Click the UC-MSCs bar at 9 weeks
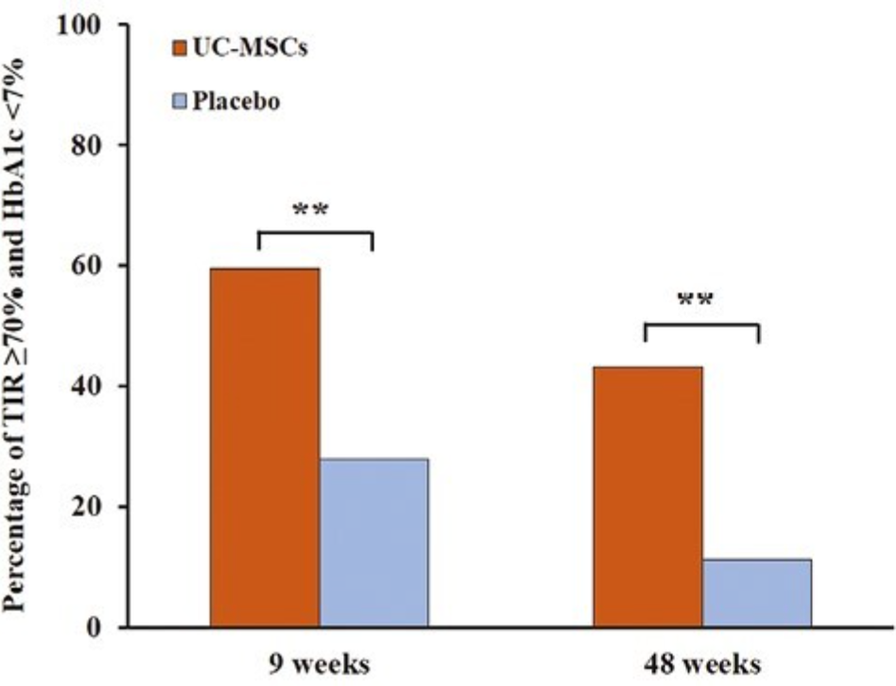click(x=265, y=448)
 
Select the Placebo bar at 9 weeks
click(x=373, y=542)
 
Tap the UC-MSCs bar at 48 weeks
click(x=647, y=497)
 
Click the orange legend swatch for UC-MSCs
click(x=180, y=46)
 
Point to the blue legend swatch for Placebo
click(x=180, y=102)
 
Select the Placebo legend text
click(x=236, y=102)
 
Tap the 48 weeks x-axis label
click(x=701, y=661)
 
